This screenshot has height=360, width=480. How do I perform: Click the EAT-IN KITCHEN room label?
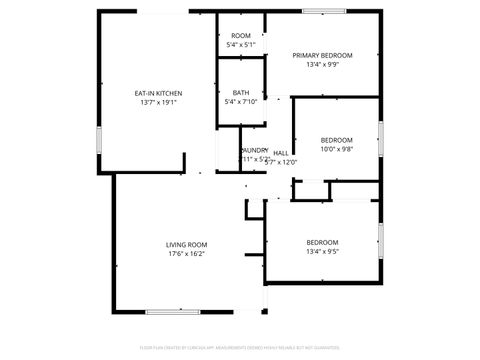[158, 93]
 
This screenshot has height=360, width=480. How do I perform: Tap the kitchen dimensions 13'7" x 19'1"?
[158, 102]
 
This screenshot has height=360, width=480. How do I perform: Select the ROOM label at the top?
[241, 36]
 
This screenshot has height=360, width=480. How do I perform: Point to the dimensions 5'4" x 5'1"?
[241, 45]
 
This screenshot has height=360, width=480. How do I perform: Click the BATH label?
[241, 92]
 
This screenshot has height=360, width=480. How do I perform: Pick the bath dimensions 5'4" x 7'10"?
[241, 101]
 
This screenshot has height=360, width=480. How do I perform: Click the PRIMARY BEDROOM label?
[323, 55]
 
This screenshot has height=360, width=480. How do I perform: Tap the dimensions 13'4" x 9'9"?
[323, 64]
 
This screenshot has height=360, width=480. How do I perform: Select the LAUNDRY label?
[254, 150]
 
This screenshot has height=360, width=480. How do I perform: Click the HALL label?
[281, 153]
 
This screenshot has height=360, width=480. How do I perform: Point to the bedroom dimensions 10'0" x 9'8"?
[336, 149]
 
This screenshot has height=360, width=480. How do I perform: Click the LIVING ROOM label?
[186, 244]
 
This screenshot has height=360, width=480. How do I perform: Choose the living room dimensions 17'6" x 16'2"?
[186, 253]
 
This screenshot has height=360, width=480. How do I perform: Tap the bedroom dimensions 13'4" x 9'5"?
[322, 252]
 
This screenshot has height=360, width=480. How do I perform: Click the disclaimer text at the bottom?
[240, 349]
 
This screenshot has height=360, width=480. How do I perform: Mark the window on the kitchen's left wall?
[98, 139]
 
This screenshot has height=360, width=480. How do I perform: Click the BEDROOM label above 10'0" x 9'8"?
[336, 140]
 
